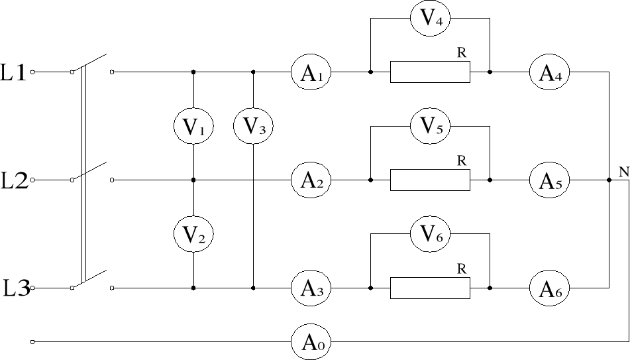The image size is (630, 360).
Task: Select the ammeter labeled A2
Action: (x=311, y=180)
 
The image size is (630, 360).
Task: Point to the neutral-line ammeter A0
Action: (x=311, y=342)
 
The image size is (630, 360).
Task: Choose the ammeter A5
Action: (x=549, y=180)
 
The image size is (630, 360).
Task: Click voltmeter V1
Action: (x=193, y=126)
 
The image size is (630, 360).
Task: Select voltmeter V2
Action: (x=193, y=233)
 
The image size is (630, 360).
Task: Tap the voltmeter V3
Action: (x=253, y=126)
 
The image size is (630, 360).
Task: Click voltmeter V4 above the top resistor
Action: (x=430, y=19)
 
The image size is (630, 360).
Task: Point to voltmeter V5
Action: (x=430, y=126)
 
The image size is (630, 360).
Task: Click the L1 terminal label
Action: (x=14, y=72)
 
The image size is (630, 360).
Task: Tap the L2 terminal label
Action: (x=14, y=180)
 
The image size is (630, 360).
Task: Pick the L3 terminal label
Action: (x=15, y=288)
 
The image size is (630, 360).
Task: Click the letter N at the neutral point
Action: (x=623, y=172)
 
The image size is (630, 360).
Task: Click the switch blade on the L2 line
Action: (x=91, y=170)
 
